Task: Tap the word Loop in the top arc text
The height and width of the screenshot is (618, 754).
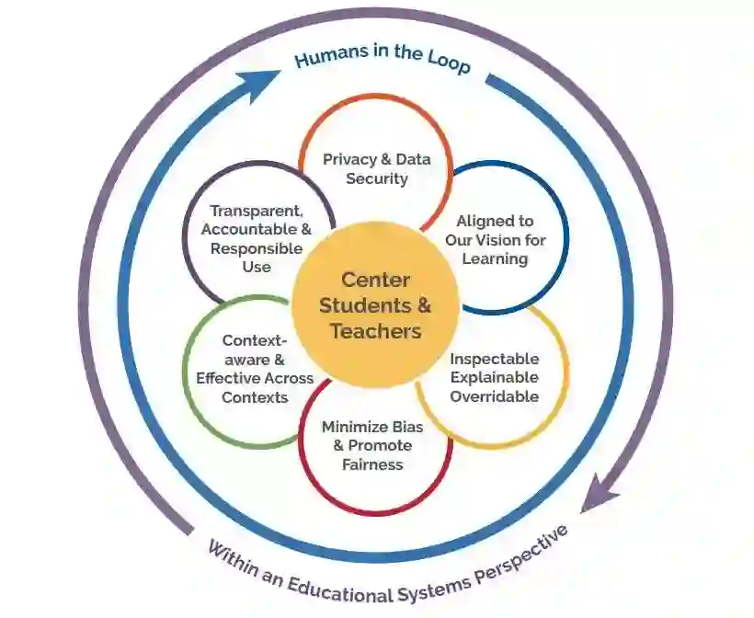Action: (x=447, y=63)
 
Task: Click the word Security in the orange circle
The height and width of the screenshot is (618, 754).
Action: (x=376, y=178)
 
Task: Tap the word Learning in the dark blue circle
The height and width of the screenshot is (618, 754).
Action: (x=495, y=258)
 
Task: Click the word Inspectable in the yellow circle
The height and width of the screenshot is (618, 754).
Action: (x=495, y=359)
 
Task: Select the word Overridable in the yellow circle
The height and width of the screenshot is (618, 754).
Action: (x=495, y=396)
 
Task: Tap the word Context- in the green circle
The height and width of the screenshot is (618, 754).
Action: (x=248, y=341)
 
